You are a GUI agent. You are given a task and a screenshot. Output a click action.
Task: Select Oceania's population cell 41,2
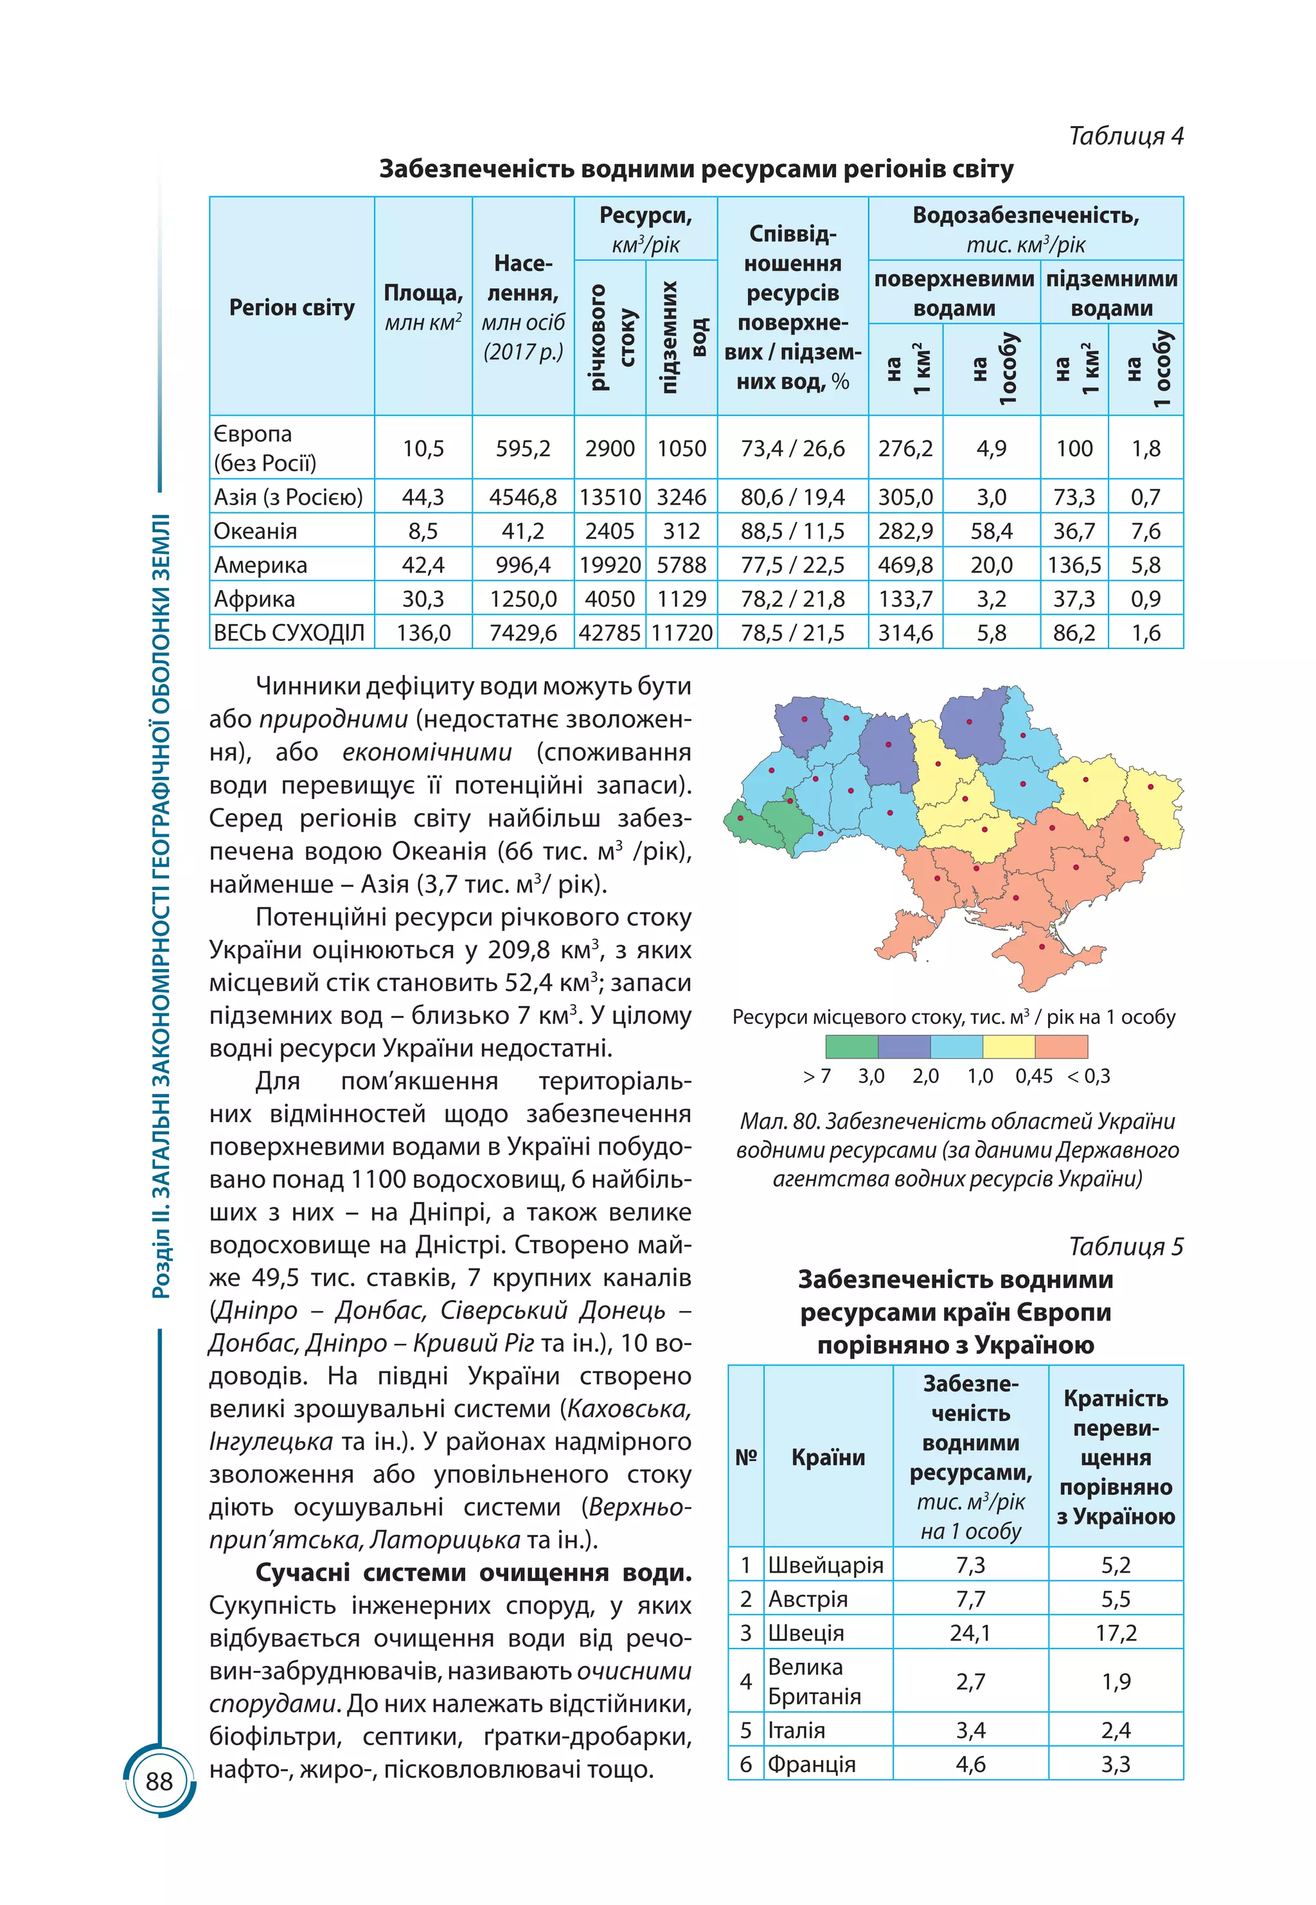click(523, 531)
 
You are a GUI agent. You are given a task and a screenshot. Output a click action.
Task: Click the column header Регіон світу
click(292, 308)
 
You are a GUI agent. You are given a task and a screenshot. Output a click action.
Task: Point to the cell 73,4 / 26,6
click(792, 448)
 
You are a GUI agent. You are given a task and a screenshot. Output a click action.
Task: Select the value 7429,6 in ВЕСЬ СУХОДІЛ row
click(523, 632)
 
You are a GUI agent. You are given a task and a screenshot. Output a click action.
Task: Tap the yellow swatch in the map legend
click(1008, 1046)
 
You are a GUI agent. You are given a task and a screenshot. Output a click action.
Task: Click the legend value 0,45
click(1033, 1076)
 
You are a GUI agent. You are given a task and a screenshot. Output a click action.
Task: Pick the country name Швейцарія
click(825, 1565)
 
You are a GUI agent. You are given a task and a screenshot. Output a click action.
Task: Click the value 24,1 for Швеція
click(970, 1633)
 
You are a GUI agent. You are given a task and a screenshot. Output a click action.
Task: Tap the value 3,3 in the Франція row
click(1115, 1764)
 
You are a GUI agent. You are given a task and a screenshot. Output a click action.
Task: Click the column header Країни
click(828, 1457)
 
